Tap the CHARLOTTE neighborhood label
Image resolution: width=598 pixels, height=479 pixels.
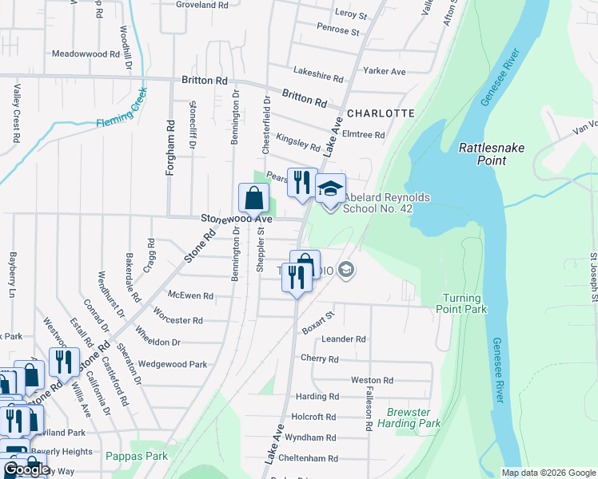(381, 113)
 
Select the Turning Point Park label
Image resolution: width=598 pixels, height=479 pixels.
(464, 303)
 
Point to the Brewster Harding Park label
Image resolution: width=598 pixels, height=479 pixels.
(413, 418)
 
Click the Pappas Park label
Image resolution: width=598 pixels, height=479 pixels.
(136, 456)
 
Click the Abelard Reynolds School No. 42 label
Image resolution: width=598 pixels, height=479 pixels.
(377, 203)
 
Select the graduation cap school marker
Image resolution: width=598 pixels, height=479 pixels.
(330, 189)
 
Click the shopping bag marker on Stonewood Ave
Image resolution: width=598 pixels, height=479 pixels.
(253, 198)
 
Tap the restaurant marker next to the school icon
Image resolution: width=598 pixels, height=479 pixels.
(301, 183)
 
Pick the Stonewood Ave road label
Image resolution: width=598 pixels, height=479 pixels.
(237, 218)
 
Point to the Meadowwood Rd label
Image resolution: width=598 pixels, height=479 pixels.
(85, 54)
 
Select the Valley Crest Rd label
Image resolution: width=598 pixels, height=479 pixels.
(16, 113)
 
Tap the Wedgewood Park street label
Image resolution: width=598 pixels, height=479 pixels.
(173, 364)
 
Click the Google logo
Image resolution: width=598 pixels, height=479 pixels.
(26, 469)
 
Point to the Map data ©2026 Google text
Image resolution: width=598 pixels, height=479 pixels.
(548, 473)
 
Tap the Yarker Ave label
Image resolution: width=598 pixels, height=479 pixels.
(385, 71)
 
